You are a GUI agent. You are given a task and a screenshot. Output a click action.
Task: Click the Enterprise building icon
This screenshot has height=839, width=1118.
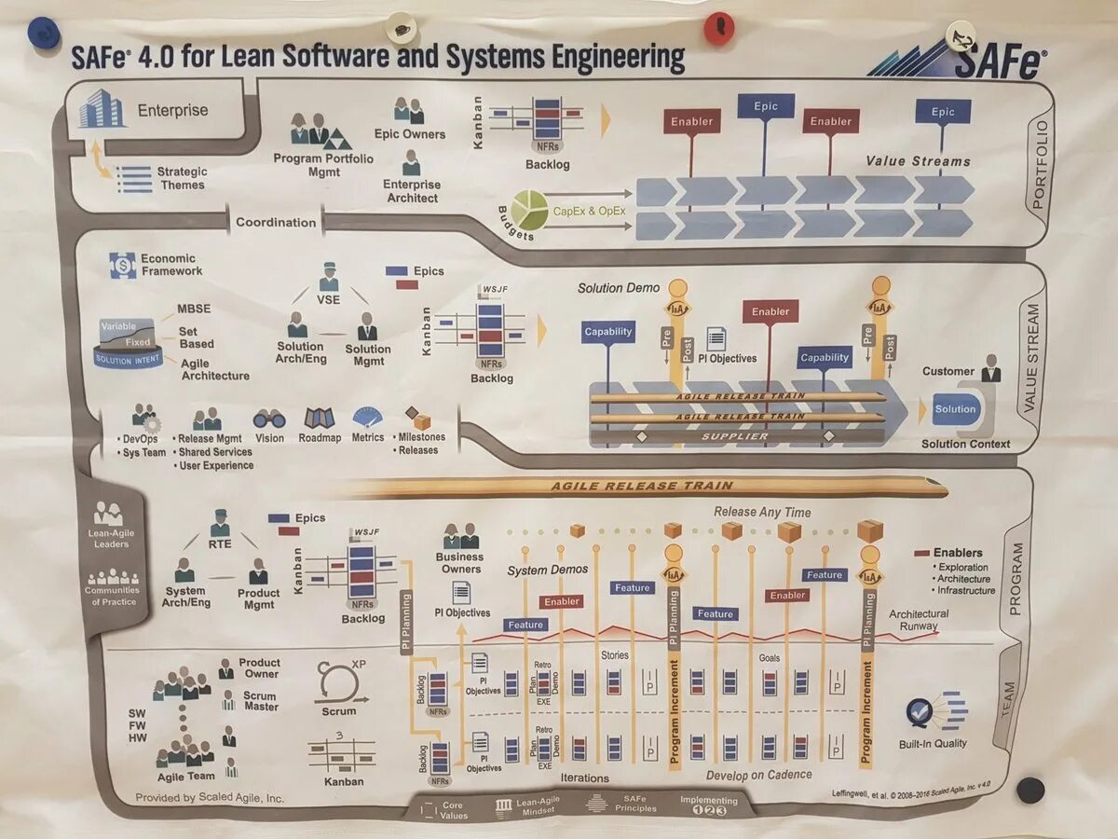pyautogui.click(x=102, y=109)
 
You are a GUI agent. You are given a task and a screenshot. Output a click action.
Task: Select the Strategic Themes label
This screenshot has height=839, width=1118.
pyautogui.click(x=182, y=178)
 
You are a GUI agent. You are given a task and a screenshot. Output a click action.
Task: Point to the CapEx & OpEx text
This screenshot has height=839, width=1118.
pyautogui.click(x=590, y=211)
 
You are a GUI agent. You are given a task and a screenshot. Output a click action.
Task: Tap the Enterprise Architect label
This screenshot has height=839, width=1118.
pyautogui.click(x=411, y=191)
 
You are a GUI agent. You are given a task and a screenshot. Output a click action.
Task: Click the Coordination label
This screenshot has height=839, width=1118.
pyautogui.click(x=276, y=223)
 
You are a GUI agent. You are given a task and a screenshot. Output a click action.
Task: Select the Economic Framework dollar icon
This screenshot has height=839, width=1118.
pyautogui.click(x=122, y=265)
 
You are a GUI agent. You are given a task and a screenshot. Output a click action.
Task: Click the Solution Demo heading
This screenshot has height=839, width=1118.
pyautogui.click(x=619, y=288)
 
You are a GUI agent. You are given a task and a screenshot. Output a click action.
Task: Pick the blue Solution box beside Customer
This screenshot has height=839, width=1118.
pyautogui.click(x=955, y=409)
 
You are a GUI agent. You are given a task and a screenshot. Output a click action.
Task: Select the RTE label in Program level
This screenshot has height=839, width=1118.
pyautogui.click(x=220, y=544)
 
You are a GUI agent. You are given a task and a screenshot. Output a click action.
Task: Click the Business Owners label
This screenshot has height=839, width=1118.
pyautogui.click(x=460, y=563)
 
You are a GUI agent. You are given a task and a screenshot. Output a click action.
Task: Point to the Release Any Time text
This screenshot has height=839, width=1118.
pyautogui.click(x=762, y=512)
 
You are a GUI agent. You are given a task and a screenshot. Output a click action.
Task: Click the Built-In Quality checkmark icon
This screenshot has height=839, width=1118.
pyautogui.click(x=922, y=713)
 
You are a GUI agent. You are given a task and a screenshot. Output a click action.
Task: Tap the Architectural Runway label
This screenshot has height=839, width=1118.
pyautogui.click(x=919, y=620)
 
